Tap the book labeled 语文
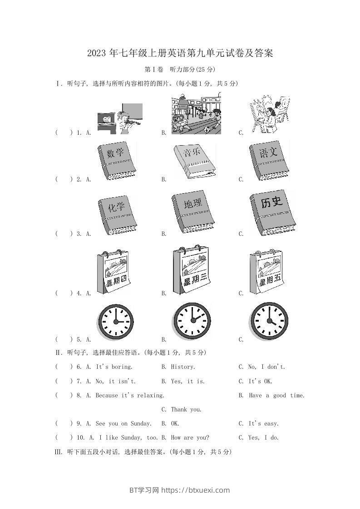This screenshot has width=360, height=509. pyautogui.click(x=269, y=161)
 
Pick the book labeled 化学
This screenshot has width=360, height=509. pyautogui.click(x=118, y=215)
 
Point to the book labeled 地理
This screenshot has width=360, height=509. pyautogui.click(x=193, y=212)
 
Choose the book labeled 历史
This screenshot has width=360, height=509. pyautogui.click(x=272, y=213)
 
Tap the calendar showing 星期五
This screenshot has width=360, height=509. pyautogui.click(x=266, y=272)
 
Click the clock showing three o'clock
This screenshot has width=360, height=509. pyautogui.click(x=116, y=322)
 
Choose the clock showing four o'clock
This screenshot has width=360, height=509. pyautogui.click(x=269, y=321)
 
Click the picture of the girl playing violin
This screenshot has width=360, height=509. pyautogui.click(x=120, y=119)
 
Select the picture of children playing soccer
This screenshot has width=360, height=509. pyautogui.click(x=196, y=114)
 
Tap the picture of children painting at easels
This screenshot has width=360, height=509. pyautogui.click(x=270, y=114)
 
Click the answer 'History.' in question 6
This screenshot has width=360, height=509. pyautogui.click(x=183, y=367)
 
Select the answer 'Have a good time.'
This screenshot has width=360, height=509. pyautogui.click(x=276, y=396)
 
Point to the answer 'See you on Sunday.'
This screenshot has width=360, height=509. pyautogui.click(x=123, y=424)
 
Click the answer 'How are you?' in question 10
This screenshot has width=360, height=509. pyautogui.click(x=190, y=438)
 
